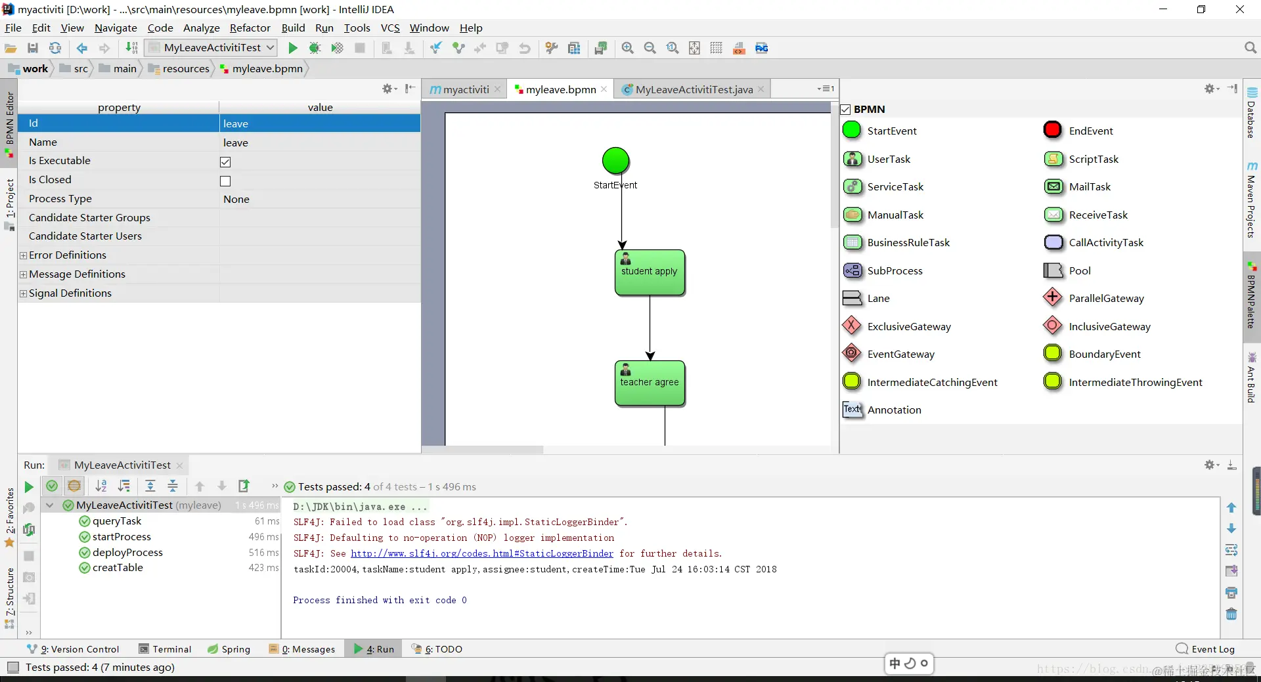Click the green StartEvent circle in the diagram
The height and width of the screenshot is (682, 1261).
[615, 161]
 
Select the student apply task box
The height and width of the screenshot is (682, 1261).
[650, 272]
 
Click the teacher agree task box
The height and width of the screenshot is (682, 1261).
[650, 383]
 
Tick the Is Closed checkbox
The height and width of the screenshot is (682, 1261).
[225, 181]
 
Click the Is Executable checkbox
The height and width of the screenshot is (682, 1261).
[225, 162]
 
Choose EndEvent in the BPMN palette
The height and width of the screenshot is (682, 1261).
[1090, 131]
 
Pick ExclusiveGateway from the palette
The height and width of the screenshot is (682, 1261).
[908, 326]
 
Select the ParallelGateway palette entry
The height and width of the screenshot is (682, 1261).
[1106, 298]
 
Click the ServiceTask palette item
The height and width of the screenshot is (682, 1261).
[895, 186]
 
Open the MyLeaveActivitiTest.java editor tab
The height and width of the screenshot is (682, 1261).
[694, 89]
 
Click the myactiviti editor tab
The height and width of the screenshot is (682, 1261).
[465, 89]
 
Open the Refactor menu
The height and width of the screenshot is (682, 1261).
[250, 28]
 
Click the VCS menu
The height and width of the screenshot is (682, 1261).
[390, 28]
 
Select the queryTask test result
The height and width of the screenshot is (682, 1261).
[117, 521]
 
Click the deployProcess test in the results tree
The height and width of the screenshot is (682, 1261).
[127, 553]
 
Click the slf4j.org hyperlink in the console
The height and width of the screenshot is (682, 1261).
[481, 553]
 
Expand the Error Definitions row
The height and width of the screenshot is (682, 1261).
[24, 255]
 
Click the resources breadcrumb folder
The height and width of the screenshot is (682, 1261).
[185, 68]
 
